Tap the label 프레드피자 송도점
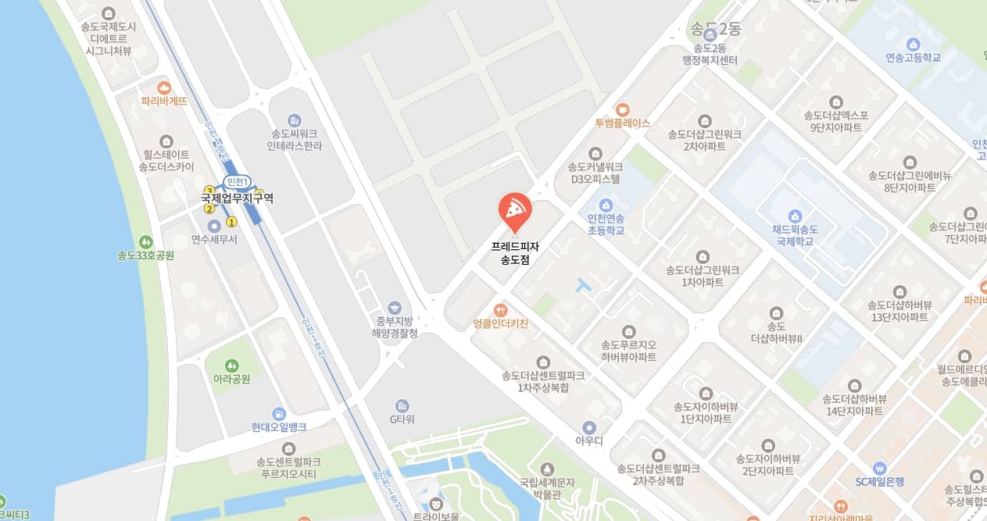515,253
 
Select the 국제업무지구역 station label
237,198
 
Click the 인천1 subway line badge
236,182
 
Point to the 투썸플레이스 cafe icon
622,109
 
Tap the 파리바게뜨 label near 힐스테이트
164,101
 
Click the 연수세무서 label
214,239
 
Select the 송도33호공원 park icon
145,241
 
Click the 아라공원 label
231,379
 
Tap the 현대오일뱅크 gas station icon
278,413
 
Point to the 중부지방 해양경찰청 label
395,327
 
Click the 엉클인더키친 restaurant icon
501,309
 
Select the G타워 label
402,419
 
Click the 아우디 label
589,441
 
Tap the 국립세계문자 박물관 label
547,488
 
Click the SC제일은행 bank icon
879,467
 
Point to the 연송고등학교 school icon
913,44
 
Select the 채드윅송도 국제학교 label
795,236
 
